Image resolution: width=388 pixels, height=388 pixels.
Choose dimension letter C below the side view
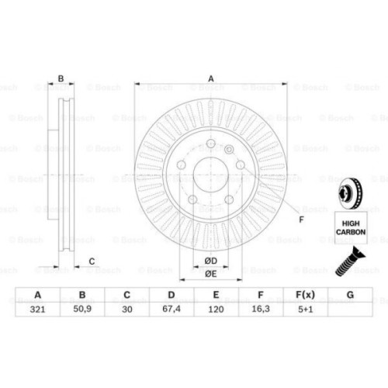pos(92,261)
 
